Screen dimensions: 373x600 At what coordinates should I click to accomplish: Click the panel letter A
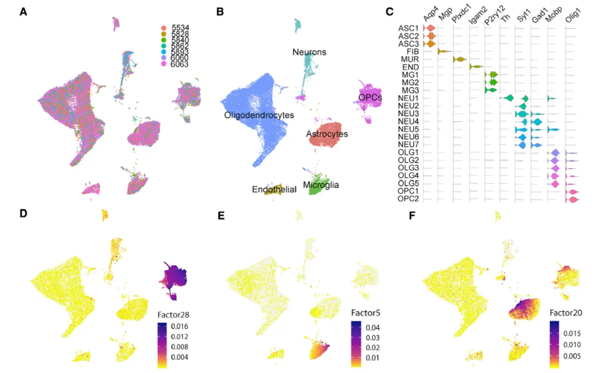(x=23, y=13)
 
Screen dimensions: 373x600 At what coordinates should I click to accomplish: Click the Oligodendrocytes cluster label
(x=259, y=115)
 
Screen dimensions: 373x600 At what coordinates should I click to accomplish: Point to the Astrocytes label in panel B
(x=327, y=134)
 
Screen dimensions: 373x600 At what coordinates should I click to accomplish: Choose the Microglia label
(x=321, y=185)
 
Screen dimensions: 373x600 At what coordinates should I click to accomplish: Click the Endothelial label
(x=274, y=189)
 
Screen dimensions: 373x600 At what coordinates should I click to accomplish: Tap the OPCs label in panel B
(x=370, y=97)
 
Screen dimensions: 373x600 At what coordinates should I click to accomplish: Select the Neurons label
(x=309, y=52)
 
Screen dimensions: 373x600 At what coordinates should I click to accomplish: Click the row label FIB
(x=413, y=51)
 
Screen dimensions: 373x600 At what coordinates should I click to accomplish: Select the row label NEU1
(x=409, y=98)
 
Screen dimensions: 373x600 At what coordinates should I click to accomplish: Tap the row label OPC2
(x=409, y=200)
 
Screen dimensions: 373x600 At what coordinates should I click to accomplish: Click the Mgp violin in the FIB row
(x=444, y=51)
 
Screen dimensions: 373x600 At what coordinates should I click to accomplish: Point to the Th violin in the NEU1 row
(x=508, y=98)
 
